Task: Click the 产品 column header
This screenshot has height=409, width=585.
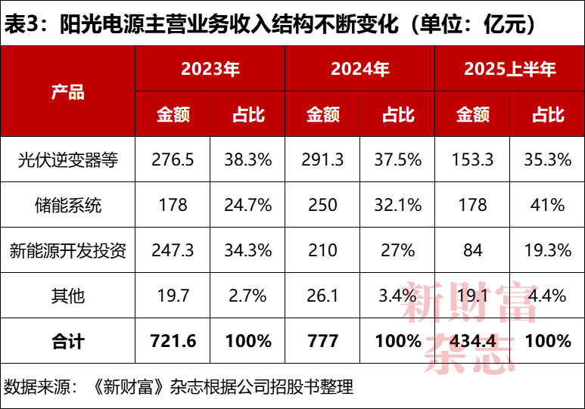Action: pos(67,92)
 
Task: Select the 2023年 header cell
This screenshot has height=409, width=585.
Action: pos(210,70)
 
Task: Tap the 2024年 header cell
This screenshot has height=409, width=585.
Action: pos(359,70)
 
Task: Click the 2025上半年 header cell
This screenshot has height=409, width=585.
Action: pos(509,70)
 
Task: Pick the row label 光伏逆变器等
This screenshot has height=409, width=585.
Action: pos(67,160)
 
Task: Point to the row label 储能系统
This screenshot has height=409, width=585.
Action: pos(67,205)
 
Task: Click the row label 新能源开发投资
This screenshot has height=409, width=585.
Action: pos(67,250)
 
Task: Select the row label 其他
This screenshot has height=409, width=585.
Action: pos(67,296)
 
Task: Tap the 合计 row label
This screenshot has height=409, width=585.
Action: pos(67,341)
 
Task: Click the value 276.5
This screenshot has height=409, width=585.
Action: pos(173,160)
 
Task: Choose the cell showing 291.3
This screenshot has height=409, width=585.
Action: pos(323,160)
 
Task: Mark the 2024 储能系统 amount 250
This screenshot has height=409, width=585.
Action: pos(323,205)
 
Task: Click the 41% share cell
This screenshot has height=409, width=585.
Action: pos(548,205)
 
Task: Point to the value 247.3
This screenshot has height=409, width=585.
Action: pos(173,250)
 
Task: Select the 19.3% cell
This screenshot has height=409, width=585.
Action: pos(548,250)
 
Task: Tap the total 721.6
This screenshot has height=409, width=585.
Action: pos(173,341)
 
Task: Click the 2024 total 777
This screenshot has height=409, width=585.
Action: pos(323,341)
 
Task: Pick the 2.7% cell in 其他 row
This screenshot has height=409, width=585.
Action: pos(247,296)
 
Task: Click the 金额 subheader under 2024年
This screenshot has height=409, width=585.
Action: pos(323,114)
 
